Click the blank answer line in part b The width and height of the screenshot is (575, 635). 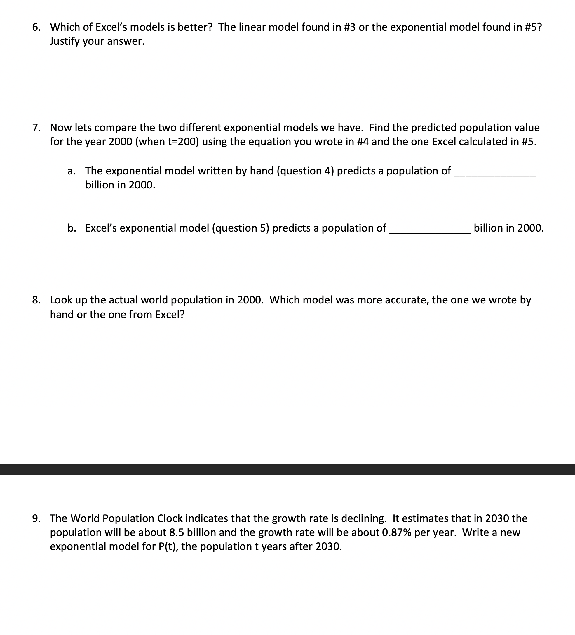pyautogui.click(x=430, y=232)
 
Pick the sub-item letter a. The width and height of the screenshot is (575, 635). pyautogui.click(x=71, y=171)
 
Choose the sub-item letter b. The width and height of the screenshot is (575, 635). pyautogui.click(x=72, y=228)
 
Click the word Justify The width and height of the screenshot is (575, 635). pyautogui.click(x=65, y=41)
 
